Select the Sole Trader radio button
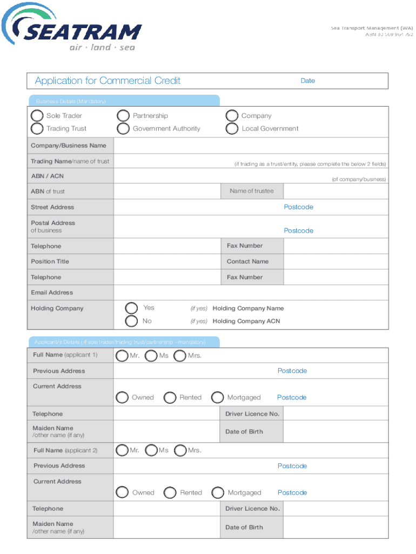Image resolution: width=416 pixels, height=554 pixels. [x=37, y=116]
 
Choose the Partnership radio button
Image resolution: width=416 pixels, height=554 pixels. [x=124, y=116]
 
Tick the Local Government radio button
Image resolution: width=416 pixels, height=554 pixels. [x=232, y=129]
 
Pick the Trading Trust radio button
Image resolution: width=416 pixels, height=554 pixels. [x=37, y=129]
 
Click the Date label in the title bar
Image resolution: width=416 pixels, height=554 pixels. [x=307, y=81]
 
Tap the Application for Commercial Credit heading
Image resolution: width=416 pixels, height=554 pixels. [x=108, y=81]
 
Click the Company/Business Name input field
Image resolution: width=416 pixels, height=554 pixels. [x=251, y=146]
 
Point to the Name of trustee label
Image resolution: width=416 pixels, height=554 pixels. [x=252, y=191]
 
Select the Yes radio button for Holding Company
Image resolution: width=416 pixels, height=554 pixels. [x=131, y=308]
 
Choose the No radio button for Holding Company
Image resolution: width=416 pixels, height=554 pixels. [x=131, y=321]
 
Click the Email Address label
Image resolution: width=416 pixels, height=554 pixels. [x=52, y=293]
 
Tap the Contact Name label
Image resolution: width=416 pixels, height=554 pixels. [x=247, y=261]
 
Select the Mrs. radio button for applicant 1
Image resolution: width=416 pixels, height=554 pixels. [x=180, y=355]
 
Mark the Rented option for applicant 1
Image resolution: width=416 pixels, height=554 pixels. [x=170, y=398]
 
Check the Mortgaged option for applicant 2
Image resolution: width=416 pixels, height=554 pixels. [x=218, y=493]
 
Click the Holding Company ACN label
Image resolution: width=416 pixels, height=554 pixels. [x=246, y=321]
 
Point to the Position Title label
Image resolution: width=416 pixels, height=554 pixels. [x=50, y=261]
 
